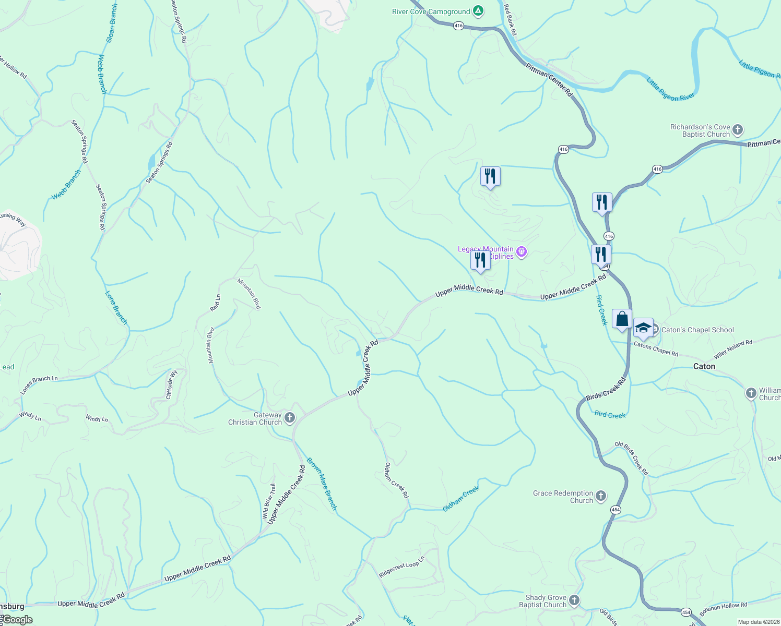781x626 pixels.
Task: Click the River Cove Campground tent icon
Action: coord(478,11)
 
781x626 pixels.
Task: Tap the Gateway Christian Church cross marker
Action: coord(290,418)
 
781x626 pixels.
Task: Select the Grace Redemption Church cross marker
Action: coord(601,496)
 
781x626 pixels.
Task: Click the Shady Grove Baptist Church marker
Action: coord(574,600)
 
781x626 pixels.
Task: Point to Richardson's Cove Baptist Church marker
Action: coord(737,129)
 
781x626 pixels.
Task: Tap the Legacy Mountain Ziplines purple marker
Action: coord(521,252)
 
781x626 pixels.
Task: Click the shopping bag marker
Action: coord(622,319)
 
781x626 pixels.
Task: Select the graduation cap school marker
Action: coord(643,328)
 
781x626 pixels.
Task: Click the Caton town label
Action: coord(704,366)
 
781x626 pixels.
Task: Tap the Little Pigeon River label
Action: coord(670,89)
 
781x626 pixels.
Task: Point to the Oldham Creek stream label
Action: coord(461,498)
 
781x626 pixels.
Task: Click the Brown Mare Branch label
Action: coord(322,484)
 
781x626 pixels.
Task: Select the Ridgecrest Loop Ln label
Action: coord(401,567)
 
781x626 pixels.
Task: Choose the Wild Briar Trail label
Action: coord(269,501)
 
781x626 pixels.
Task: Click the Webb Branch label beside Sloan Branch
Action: coord(102,75)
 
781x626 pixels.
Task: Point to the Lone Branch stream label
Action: coord(116,308)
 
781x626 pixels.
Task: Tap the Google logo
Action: coord(17,620)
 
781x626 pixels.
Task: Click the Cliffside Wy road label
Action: coord(171,385)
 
